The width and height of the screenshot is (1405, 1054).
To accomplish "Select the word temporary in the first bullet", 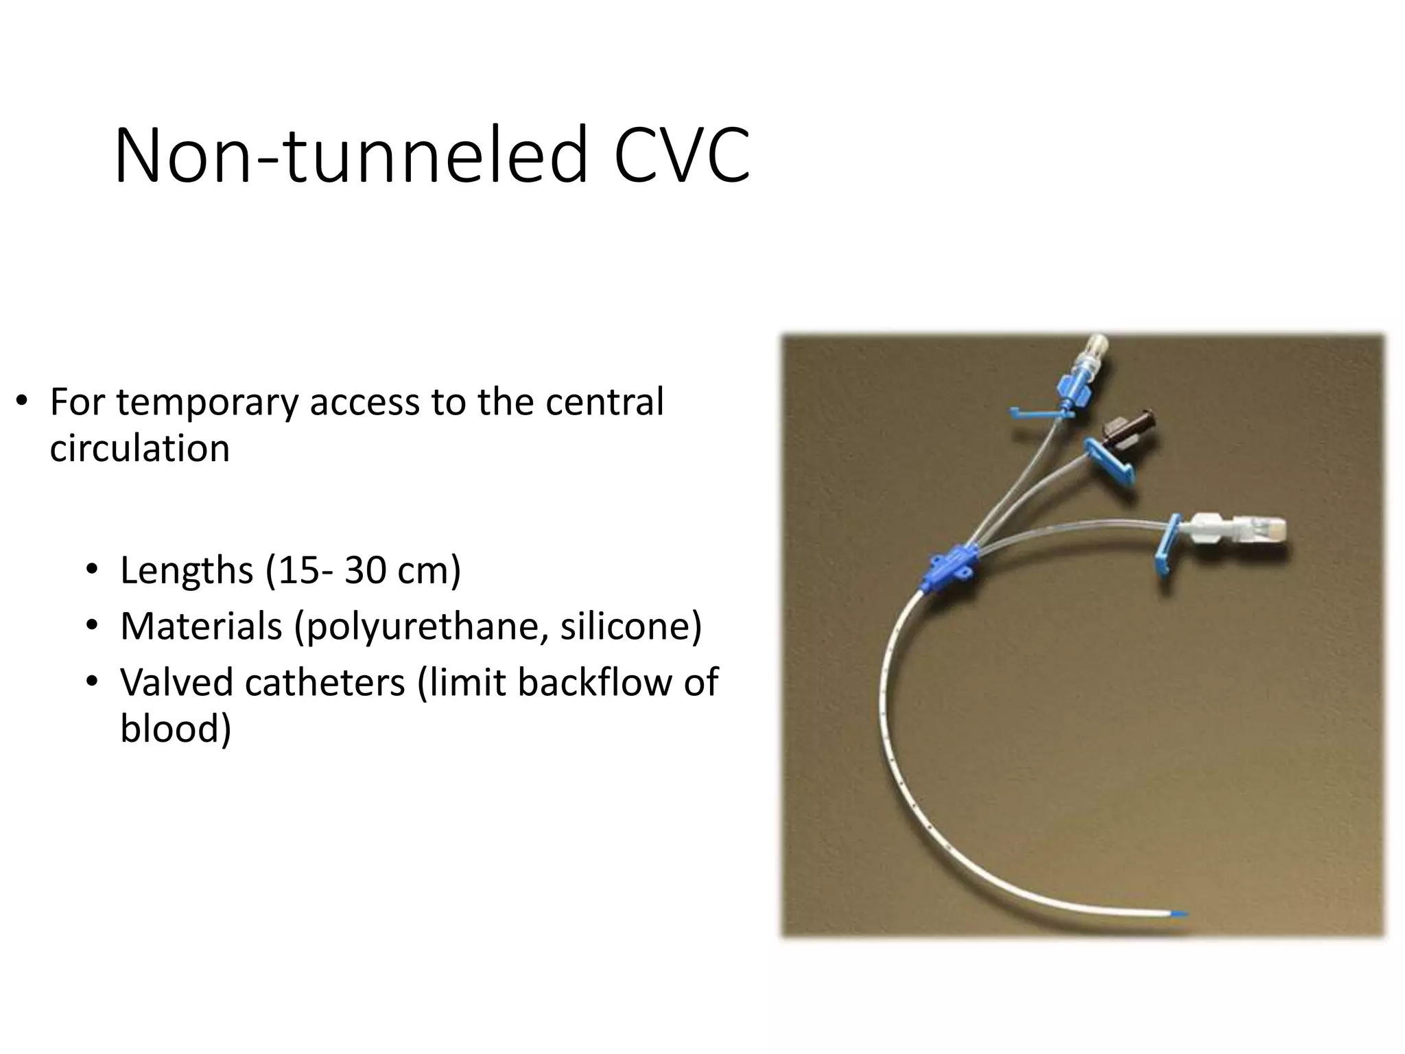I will (x=207, y=402).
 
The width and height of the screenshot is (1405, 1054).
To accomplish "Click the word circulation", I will (x=139, y=449).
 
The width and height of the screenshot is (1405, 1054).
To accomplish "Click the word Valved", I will (x=176, y=682).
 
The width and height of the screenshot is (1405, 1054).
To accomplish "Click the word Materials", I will (x=201, y=626).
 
